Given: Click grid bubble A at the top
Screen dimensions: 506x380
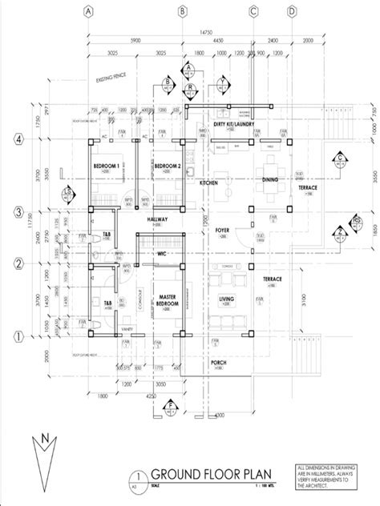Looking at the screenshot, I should [x=88, y=11].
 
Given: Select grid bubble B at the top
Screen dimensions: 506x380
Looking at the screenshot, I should [x=184, y=11].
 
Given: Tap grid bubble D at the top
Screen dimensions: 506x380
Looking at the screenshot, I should [x=292, y=11].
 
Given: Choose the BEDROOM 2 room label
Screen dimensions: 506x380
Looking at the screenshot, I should [x=167, y=166].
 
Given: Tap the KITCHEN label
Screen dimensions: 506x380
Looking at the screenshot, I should [x=209, y=183].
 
